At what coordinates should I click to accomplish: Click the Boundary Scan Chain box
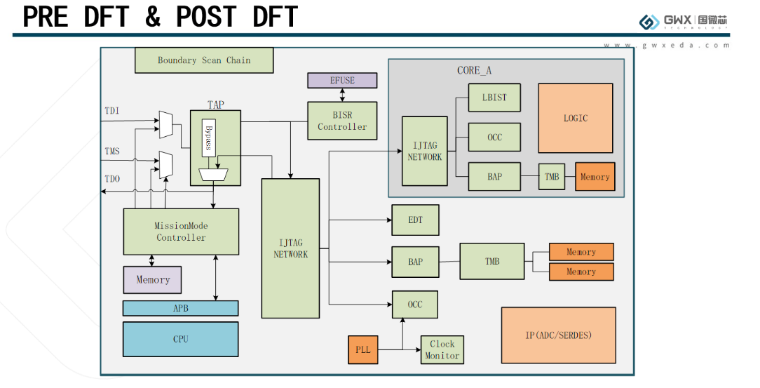[203, 60]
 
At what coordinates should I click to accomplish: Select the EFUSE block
[342, 81]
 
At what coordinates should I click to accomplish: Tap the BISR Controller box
[342, 121]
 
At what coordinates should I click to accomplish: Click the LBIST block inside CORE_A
[494, 98]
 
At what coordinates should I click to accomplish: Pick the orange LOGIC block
[576, 118]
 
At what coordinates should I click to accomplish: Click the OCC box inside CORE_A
[494, 137]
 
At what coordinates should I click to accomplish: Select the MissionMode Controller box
[181, 232]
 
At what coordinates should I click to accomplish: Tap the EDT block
[415, 220]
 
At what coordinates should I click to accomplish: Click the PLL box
[362, 349]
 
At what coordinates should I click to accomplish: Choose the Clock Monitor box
[442, 349]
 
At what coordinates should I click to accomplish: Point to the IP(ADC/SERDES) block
[558, 335]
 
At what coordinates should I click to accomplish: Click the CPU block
[181, 339]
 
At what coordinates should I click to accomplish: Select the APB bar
[181, 308]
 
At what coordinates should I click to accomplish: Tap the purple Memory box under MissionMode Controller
[153, 279]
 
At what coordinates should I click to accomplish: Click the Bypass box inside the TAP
[208, 138]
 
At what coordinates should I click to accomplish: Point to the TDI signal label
[111, 111]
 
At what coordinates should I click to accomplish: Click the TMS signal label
[111, 152]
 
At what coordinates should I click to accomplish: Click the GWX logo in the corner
[684, 21]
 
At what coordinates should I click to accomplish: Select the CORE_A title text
[474, 70]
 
